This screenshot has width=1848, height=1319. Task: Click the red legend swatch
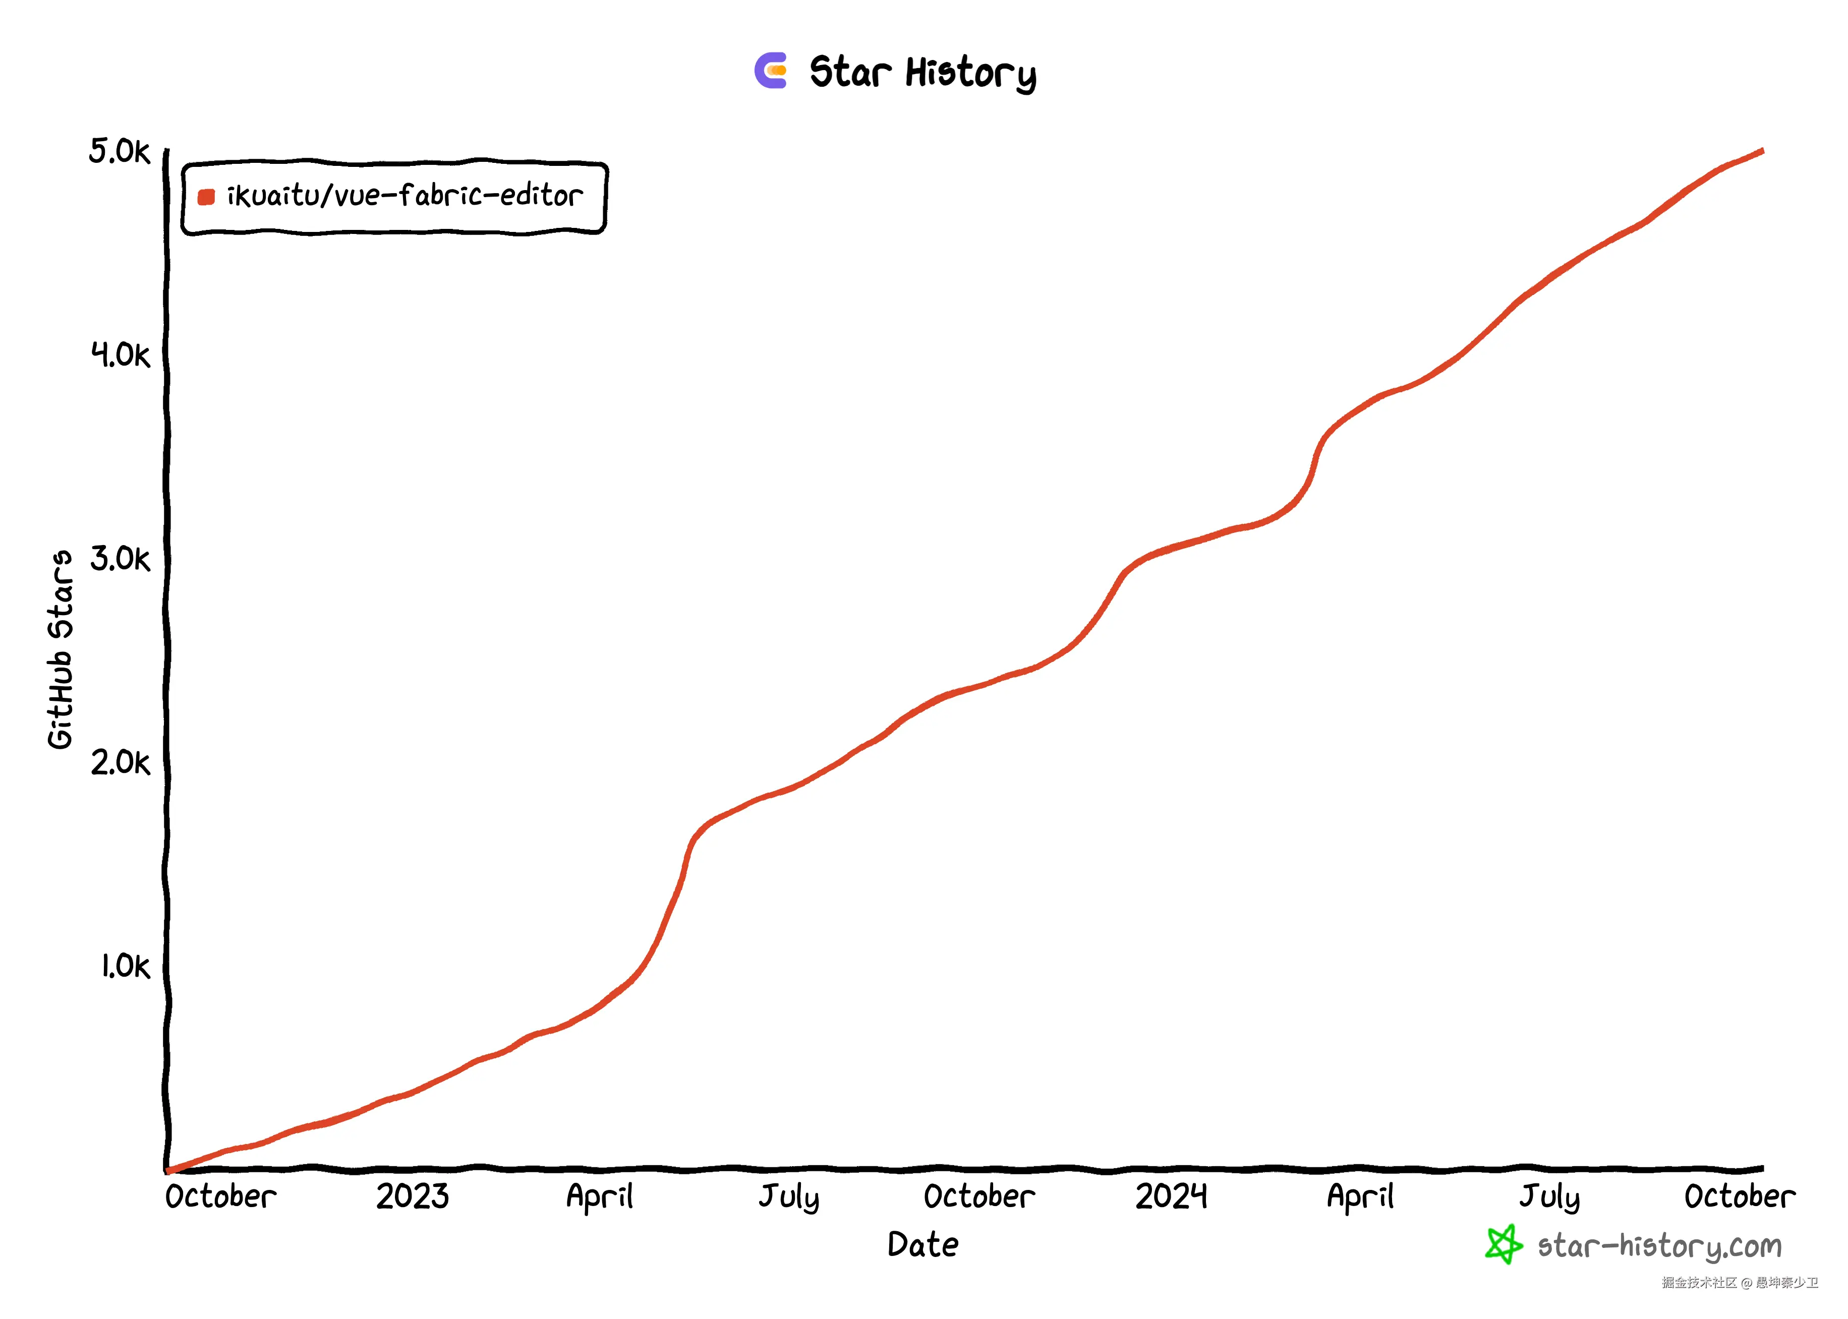coord(206,197)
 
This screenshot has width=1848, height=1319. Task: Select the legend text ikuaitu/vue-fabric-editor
coord(405,196)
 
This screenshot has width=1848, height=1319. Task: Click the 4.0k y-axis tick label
coord(120,355)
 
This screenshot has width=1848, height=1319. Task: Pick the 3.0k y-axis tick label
coord(120,559)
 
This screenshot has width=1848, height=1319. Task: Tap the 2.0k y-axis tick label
coord(120,763)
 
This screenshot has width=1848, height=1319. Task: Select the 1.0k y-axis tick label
coord(125,967)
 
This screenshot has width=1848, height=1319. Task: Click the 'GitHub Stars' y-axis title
coord(60,650)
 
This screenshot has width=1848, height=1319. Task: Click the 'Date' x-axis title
coord(923,1244)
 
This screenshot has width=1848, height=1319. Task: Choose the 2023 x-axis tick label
coord(412,1196)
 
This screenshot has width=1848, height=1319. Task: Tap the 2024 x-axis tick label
coord(1171,1196)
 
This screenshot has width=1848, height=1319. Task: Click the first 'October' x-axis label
coord(220,1196)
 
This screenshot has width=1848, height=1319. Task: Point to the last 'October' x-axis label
coord(1739,1196)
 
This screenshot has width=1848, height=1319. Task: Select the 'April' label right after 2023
coord(600,1197)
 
